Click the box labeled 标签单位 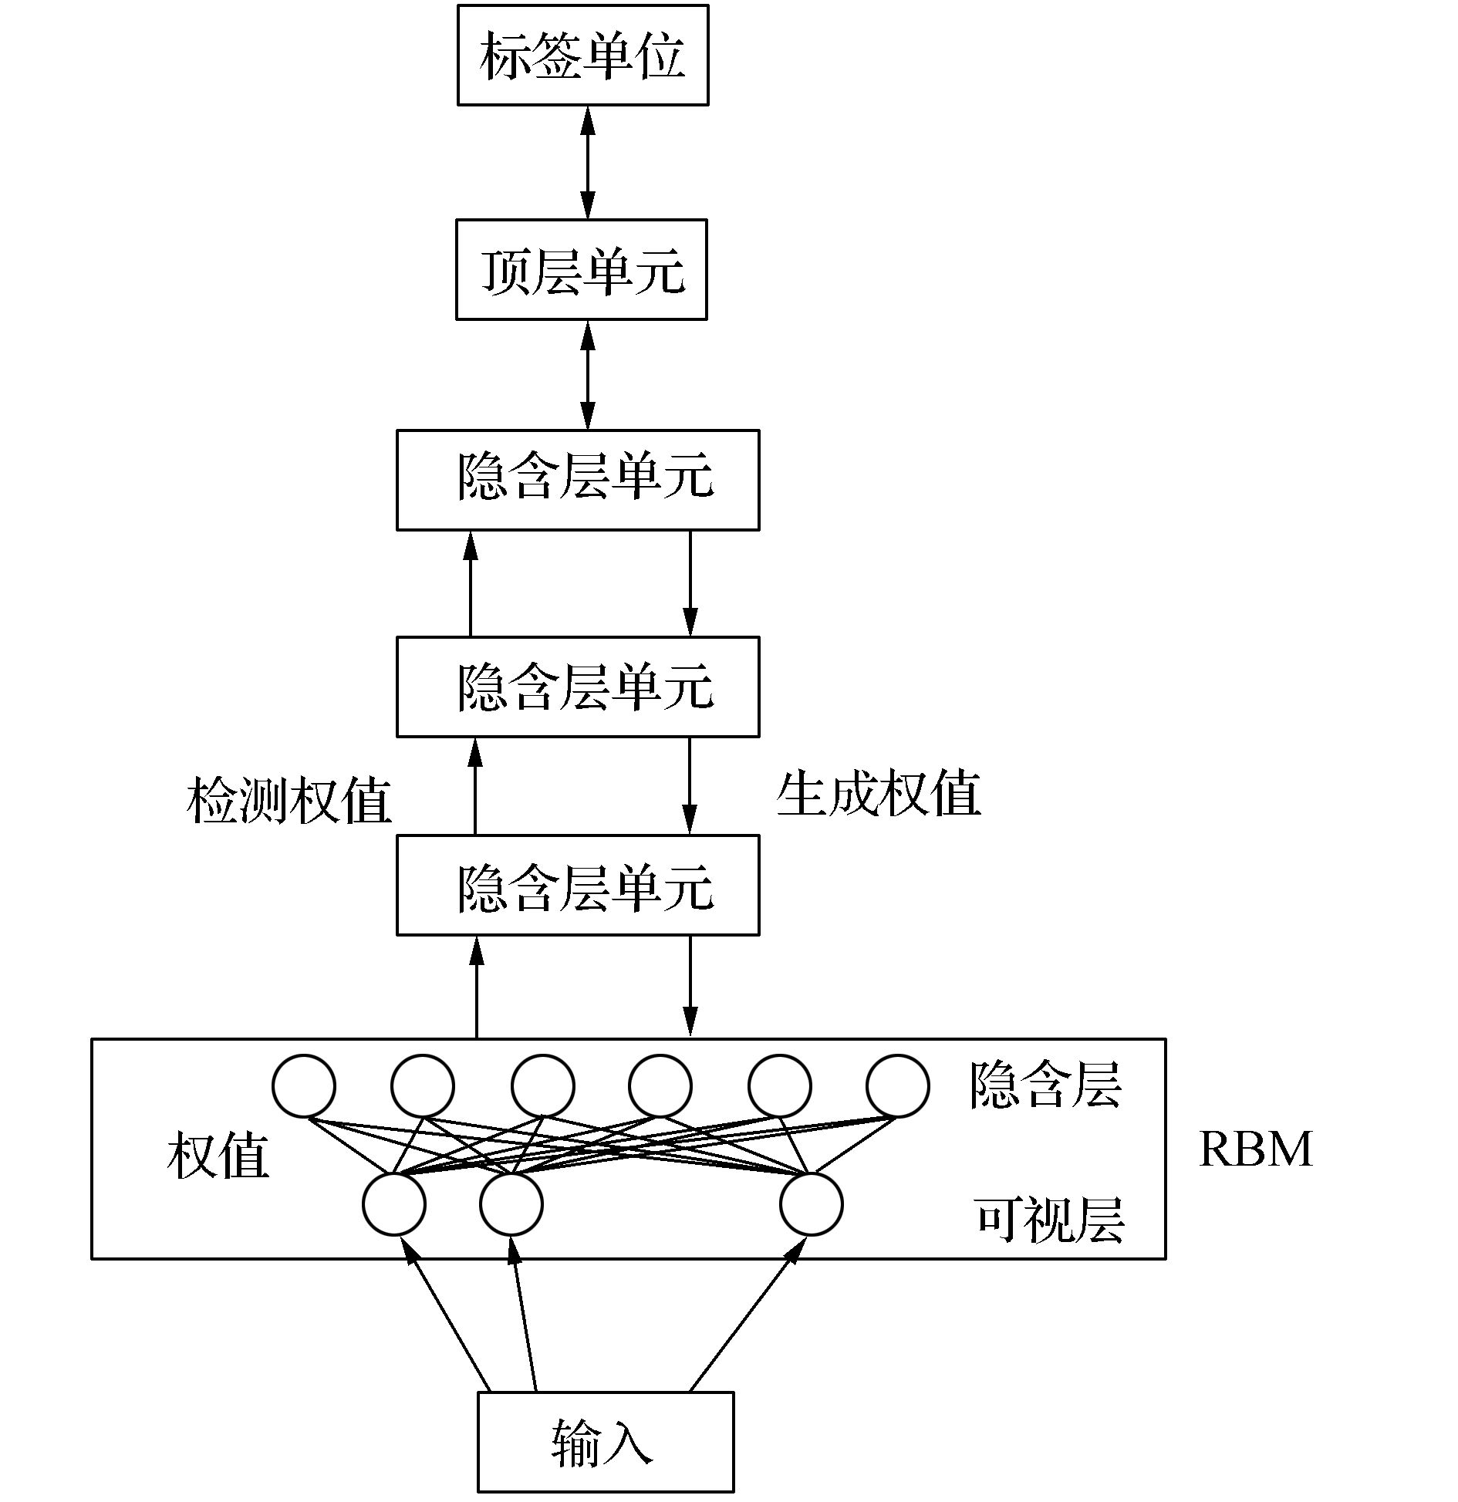pyautogui.click(x=582, y=56)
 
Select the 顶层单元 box pyautogui.click(x=581, y=269)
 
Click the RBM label pyautogui.click(x=1255, y=1149)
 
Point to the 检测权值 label pyautogui.click(x=289, y=801)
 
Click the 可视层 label pyautogui.click(x=1049, y=1220)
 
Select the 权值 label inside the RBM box pyautogui.click(x=218, y=1155)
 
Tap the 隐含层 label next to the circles pyautogui.click(x=1045, y=1085)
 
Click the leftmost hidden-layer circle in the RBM pyautogui.click(x=304, y=1086)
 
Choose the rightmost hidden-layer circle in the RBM pyautogui.click(x=897, y=1086)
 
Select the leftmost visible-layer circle pyautogui.click(x=393, y=1204)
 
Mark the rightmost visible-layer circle pyautogui.click(x=811, y=1204)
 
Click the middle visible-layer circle pyautogui.click(x=511, y=1204)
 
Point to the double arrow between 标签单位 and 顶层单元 pyautogui.click(x=588, y=162)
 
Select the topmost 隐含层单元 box pyautogui.click(x=578, y=480)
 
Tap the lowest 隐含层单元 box pyautogui.click(x=578, y=885)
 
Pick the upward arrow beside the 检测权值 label pyautogui.click(x=474, y=785)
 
